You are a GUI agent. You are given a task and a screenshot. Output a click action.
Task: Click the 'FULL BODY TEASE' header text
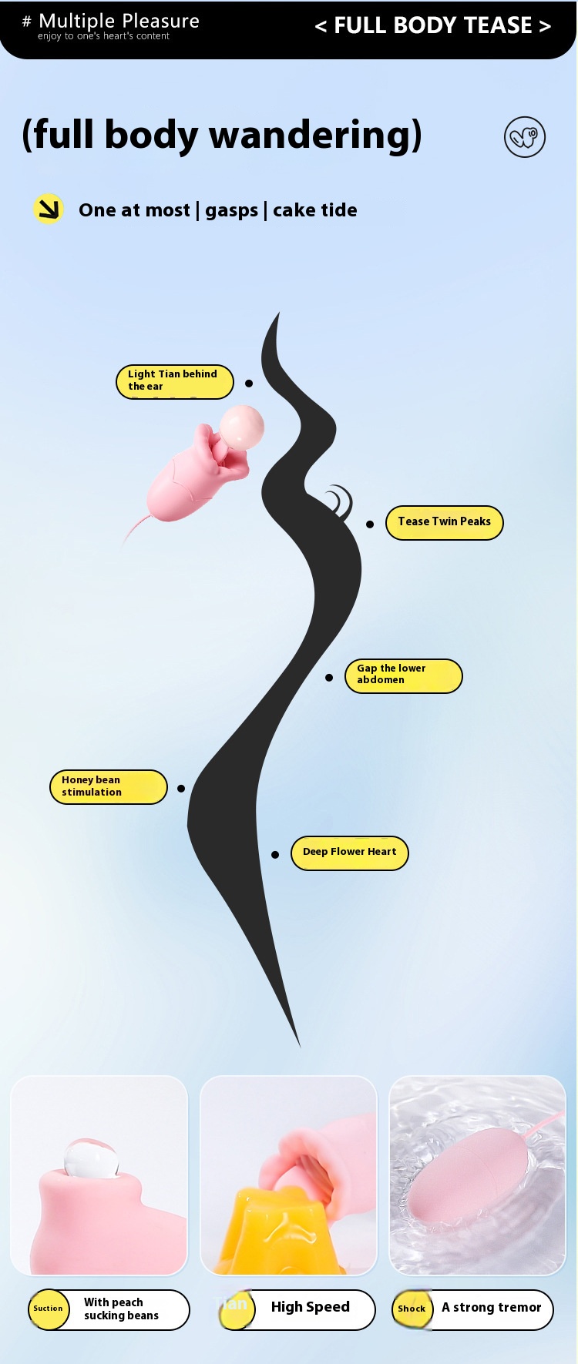pyautogui.click(x=433, y=25)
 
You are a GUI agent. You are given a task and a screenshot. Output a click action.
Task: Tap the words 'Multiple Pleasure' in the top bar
pyautogui.click(x=119, y=21)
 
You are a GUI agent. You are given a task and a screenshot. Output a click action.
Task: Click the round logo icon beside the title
pyautogui.click(x=525, y=137)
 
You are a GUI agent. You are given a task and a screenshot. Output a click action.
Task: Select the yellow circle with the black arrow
pyautogui.click(x=49, y=209)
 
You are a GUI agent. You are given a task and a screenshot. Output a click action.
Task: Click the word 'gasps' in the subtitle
pyautogui.click(x=231, y=210)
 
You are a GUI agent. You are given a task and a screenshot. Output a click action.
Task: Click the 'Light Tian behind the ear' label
pyautogui.click(x=174, y=381)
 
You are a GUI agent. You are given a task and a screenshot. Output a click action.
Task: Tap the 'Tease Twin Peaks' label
pyautogui.click(x=444, y=522)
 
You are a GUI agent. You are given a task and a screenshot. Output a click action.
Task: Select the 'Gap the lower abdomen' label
pyautogui.click(x=403, y=675)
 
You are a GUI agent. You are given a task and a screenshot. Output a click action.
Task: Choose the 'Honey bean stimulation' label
pyautogui.click(x=108, y=786)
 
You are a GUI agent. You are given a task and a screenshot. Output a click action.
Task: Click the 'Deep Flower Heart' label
pyautogui.click(x=349, y=853)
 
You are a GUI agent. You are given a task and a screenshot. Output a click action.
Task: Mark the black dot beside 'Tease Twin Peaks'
pyautogui.click(x=370, y=524)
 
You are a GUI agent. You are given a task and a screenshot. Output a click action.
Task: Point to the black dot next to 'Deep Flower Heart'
pyautogui.click(x=275, y=854)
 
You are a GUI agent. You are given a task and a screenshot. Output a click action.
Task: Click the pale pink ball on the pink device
pyautogui.click(x=242, y=427)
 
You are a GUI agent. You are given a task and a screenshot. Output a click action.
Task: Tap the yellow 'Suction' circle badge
pyautogui.click(x=49, y=1309)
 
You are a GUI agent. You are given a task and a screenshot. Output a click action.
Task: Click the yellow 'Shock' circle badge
pyautogui.click(x=412, y=1309)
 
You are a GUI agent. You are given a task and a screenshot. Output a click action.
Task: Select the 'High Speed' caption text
pyautogui.click(x=310, y=1307)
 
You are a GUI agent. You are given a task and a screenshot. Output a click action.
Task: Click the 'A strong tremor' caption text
pyautogui.click(x=491, y=1307)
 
